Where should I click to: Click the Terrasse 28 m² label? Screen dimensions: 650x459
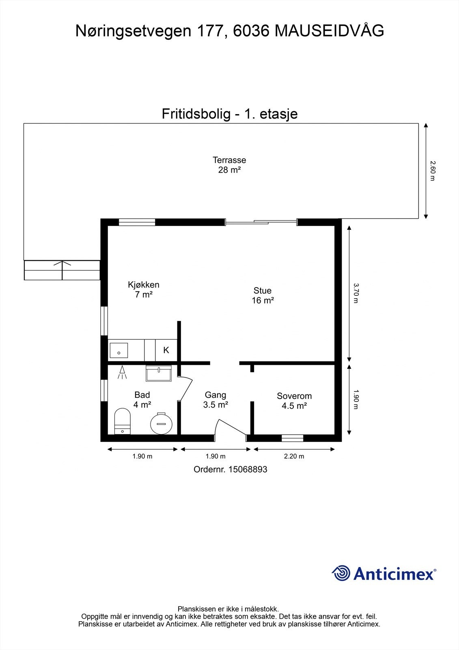229,165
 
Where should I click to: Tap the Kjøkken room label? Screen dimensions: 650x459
144,290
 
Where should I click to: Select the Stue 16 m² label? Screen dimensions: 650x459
263,295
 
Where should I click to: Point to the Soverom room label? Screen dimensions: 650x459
294,401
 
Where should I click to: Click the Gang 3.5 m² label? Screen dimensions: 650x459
215,400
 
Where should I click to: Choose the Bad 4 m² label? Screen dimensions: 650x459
142,400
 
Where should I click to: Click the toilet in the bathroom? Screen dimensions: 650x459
122,421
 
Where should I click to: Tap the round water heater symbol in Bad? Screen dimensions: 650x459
162,423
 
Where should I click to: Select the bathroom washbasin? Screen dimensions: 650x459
159,373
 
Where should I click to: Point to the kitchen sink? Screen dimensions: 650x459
119,350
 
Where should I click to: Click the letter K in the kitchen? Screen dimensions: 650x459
166,350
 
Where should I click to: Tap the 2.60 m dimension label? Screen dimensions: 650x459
433,171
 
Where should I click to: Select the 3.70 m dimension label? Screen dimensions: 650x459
356,293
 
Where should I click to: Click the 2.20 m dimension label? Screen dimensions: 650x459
294,456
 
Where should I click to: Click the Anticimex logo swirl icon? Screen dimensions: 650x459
341,573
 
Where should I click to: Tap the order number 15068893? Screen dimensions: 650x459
248,470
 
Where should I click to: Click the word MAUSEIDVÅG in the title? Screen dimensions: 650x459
329,31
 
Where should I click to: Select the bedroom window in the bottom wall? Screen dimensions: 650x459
293,438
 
